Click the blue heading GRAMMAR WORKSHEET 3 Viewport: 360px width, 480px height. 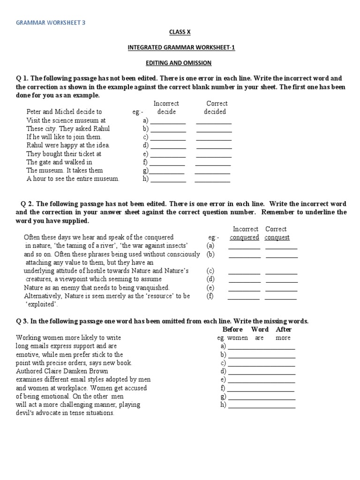[51, 22]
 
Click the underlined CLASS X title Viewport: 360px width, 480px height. [180, 32]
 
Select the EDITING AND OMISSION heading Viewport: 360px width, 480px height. [180, 62]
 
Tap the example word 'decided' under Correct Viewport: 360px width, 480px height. [215, 112]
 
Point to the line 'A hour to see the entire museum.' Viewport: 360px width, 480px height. [73, 179]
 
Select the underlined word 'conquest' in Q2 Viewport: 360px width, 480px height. [277, 237]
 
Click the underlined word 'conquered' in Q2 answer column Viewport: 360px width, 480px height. [244, 237]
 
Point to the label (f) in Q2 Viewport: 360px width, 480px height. [210, 296]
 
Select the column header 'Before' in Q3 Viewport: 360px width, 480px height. [232, 329]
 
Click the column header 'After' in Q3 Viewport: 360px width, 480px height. [284, 329]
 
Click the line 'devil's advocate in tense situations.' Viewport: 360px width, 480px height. [65, 413]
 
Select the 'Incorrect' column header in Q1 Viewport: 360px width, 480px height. [166, 103]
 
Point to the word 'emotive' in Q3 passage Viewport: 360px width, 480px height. [29, 354]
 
